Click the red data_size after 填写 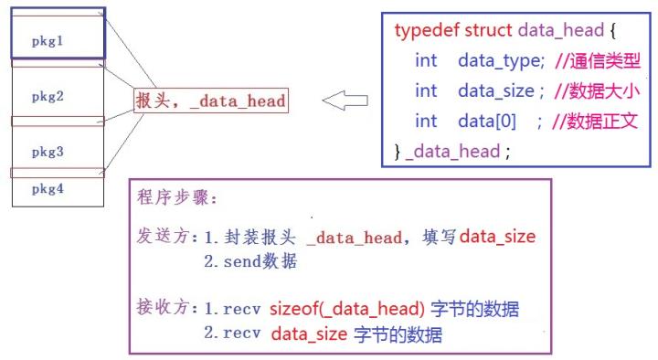pos(496,237)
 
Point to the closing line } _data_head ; pos(452,151)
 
